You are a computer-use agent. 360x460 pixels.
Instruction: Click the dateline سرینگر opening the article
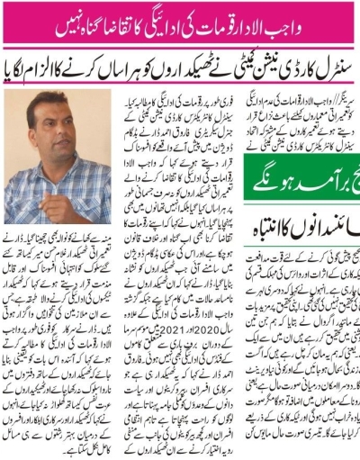(x=340, y=93)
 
